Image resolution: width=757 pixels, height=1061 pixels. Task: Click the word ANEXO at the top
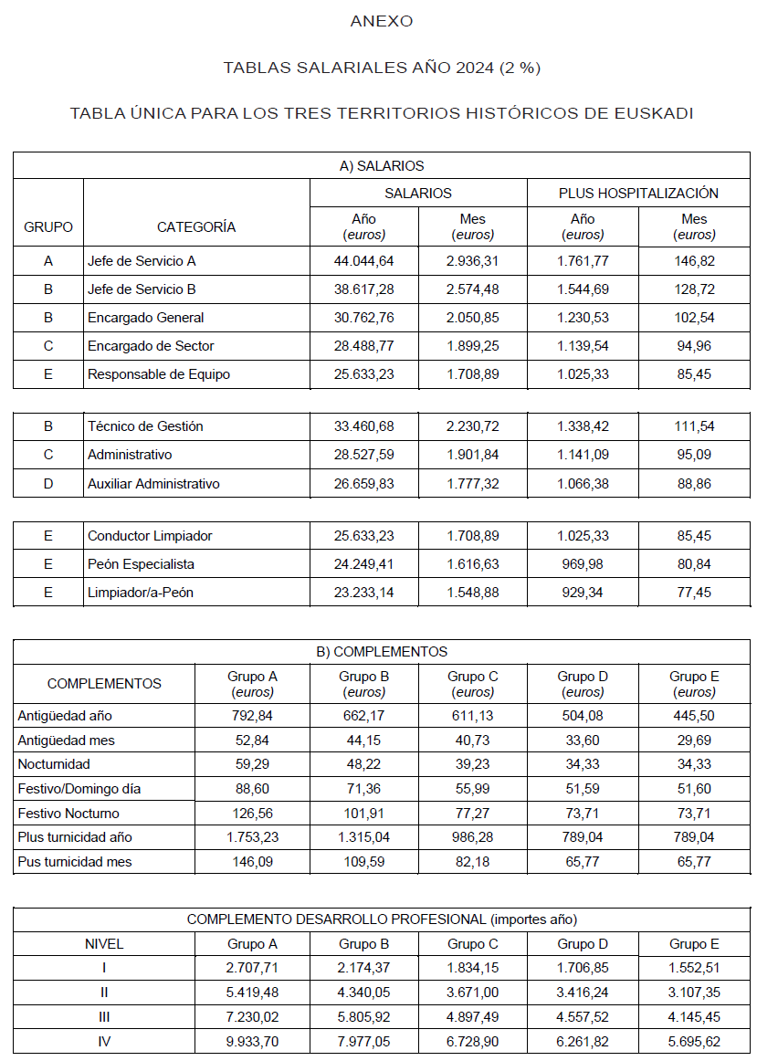click(x=382, y=21)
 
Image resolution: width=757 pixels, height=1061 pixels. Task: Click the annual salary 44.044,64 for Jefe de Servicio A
click(x=363, y=261)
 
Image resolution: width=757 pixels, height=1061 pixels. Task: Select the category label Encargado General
click(x=146, y=318)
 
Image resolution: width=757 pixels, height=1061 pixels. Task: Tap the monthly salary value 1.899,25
click(x=473, y=346)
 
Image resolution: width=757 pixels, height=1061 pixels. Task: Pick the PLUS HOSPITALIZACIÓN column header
click(x=638, y=194)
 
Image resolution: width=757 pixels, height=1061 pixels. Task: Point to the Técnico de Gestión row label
click(x=145, y=426)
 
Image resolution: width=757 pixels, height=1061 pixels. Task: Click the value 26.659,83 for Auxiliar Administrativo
click(x=363, y=484)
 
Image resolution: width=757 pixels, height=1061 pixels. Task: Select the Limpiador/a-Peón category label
click(x=141, y=593)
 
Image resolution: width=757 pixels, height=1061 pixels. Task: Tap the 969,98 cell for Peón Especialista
click(x=583, y=564)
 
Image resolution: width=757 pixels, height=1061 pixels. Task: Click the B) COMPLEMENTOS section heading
click(x=382, y=652)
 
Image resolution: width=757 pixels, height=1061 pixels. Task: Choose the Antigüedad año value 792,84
click(x=253, y=716)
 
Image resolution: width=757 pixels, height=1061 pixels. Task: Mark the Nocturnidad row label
click(x=54, y=764)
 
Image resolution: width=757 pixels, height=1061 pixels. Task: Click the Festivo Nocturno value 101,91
click(x=363, y=814)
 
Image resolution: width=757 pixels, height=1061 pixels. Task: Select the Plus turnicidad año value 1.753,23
click(x=253, y=837)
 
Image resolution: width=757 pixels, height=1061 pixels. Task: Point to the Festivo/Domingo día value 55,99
click(x=473, y=789)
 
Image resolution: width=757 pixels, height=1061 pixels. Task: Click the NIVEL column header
click(x=103, y=944)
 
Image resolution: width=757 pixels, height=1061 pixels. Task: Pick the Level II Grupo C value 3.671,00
click(x=473, y=993)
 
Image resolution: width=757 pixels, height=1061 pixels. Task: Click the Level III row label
click(x=103, y=1016)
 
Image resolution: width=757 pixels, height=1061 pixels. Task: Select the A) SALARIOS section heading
click(x=382, y=166)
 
